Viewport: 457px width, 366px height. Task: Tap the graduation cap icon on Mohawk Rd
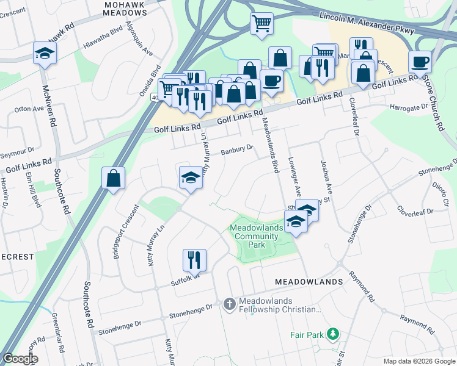coord(45,53)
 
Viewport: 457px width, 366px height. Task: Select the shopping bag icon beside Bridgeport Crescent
coord(114,179)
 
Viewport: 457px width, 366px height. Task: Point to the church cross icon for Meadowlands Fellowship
coord(229,304)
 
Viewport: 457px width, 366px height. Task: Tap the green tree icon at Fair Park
coord(332,334)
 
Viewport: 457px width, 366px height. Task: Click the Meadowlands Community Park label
coord(257,236)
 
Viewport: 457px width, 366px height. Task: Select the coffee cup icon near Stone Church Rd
coord(420,62)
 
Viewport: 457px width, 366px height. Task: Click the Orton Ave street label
coord(29,110)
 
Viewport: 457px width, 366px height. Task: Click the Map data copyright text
coord(419,361)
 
